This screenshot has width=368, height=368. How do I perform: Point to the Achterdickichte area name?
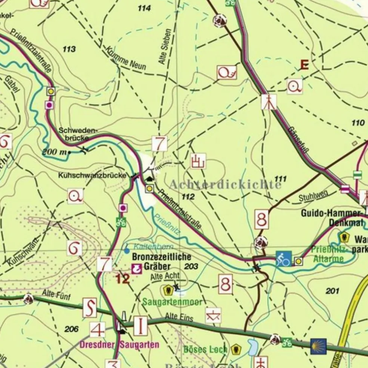(x=225, y=184)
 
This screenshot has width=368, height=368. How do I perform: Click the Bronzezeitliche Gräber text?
(x=161, y=262)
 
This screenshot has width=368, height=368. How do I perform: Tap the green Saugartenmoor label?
(x=172, y=302)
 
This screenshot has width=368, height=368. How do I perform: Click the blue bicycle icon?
(x=283, y=258)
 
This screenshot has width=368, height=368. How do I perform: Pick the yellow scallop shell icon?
(x=318, y=346)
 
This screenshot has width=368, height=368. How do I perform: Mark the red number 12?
(x=122, y=278)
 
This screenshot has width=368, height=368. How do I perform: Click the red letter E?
(x=304, y=65)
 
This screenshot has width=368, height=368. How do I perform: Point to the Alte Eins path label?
(x=179, y=318)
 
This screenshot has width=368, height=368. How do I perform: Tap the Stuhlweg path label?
(x=313, y=196)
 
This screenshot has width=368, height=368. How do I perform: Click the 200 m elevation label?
(x=56, y=152)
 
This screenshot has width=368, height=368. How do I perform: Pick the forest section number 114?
(x=144, y=8)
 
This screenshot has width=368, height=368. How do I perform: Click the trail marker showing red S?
(x=89, y=308)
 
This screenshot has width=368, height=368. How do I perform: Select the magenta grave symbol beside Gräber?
(x=137, y=268)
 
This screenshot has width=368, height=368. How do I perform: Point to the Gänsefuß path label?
(x=298, y=140)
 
